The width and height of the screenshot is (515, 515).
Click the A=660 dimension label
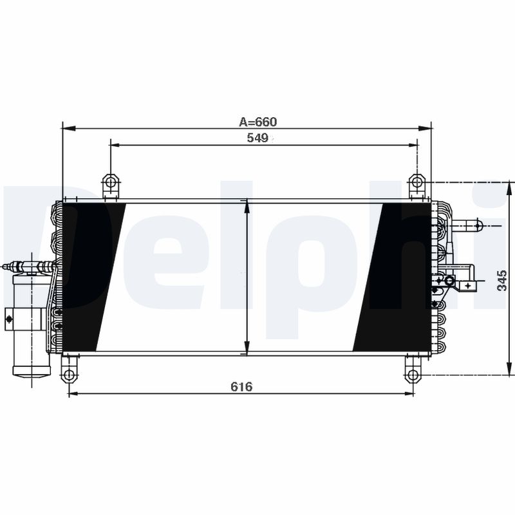tap(257, 121)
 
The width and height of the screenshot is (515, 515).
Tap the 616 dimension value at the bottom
tap(241, 386)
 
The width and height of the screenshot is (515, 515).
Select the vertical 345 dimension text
tap(503, 281)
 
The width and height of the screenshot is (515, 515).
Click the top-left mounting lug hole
tap(111, 183)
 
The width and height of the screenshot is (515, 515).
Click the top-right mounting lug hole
tap(417, 183)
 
